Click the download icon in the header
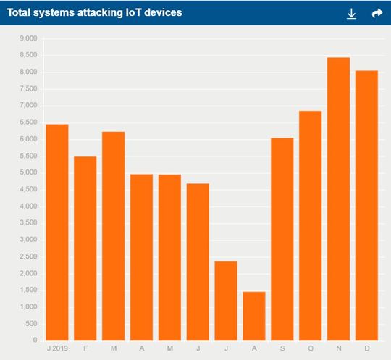(352, 13)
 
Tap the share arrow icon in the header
(377, 13)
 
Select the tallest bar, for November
(339, 199)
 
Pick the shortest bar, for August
(254, 316)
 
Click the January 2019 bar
(57, 233)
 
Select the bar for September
(282, 239)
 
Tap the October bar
(311, 225)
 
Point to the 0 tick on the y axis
(34, 340)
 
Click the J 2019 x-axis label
(56, 348)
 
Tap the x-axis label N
(339, 348)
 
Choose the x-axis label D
(367, 348)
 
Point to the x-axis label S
(282, 348)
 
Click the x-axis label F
(85, 348)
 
